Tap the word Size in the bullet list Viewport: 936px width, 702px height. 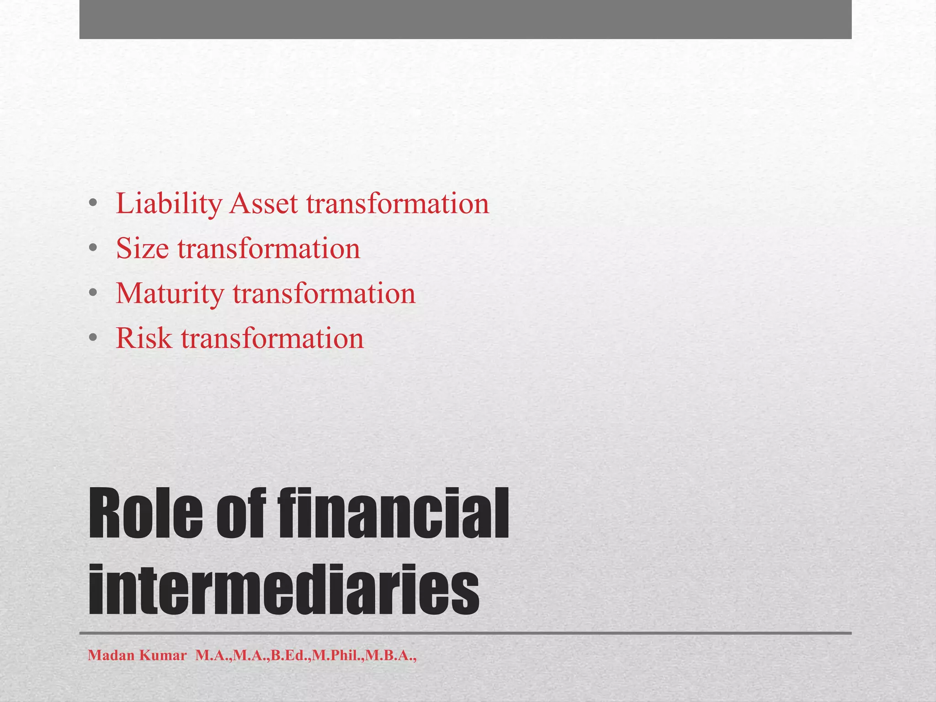pos(142,249)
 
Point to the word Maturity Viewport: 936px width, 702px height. pos(170,294)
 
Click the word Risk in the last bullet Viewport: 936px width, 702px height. pos(144,339)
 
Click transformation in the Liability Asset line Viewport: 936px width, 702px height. pos(398,204)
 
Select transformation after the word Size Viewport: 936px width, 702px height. pos(269,249)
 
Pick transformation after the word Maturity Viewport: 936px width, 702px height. pos(324,294)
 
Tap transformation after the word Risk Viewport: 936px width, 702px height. pos(272,339)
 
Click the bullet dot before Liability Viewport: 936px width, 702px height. pos(93,204)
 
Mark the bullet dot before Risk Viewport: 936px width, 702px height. pos(93,339)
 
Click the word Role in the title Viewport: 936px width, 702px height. pos(145,514)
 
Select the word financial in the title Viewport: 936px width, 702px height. pos(393,514)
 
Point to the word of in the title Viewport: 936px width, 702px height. pos(240,514)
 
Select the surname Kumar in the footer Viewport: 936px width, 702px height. pos(163,656)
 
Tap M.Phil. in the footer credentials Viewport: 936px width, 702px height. pos(338,656)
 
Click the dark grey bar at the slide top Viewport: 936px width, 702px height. pos(465,19)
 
